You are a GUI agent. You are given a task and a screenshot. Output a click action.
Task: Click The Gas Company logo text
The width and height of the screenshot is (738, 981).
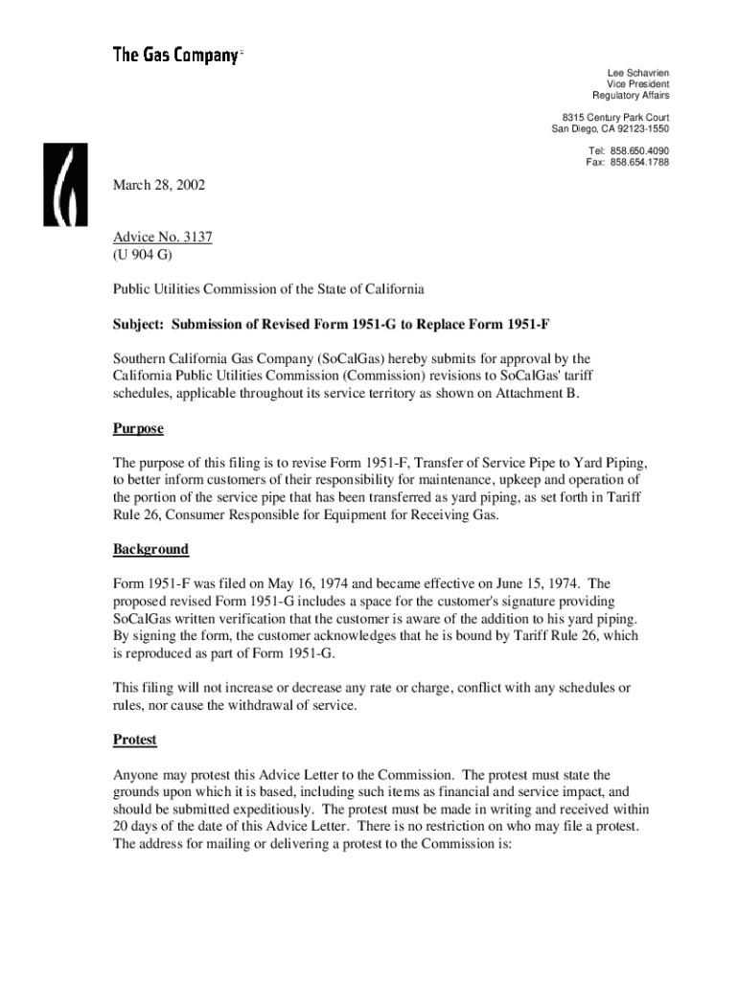coord(175,55)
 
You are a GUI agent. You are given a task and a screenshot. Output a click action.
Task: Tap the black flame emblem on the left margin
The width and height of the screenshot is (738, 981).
coord(64,184)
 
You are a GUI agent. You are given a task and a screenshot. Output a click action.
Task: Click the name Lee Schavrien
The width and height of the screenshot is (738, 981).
coord(638,73)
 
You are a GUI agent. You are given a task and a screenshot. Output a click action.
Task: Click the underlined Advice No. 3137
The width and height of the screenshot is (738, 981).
coord(162,238)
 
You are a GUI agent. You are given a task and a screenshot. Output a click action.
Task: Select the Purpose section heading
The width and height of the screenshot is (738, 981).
coord(138,428)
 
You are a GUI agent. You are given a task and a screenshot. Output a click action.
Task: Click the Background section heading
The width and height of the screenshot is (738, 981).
coord(150,549)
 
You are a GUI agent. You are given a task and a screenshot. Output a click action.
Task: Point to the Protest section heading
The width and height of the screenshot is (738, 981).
coord(135,740)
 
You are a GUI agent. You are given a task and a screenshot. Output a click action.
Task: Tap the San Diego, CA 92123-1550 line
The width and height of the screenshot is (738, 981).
coord(610,129)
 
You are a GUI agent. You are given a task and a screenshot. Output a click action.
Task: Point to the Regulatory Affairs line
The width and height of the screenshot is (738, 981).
coord(631,96)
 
